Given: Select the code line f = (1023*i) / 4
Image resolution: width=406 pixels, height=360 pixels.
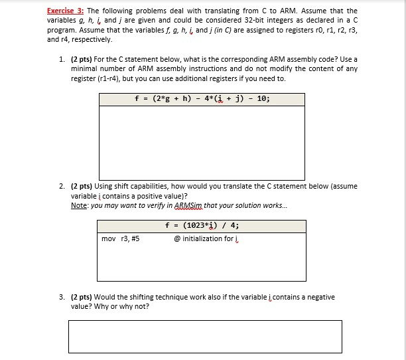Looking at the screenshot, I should click(x=202, y=226).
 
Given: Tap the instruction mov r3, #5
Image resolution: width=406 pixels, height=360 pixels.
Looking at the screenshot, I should click(x=120, y=238).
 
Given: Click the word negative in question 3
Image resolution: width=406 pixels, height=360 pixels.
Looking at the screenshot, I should click(x=317, y=297).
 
